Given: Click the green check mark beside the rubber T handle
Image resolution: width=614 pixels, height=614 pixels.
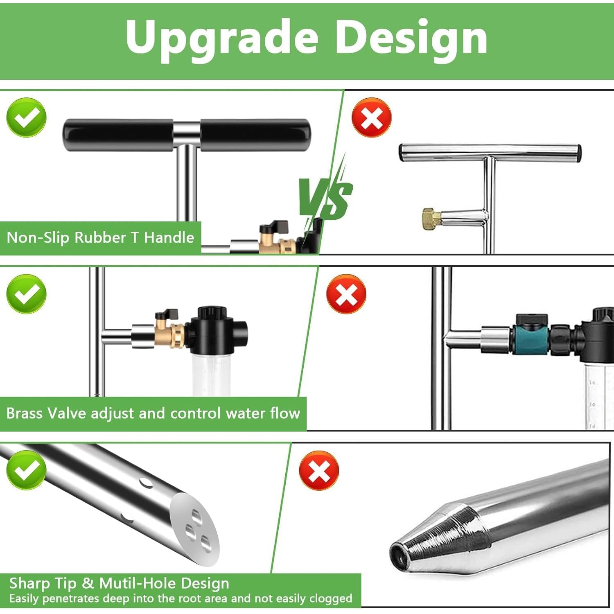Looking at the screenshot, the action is (27, 117).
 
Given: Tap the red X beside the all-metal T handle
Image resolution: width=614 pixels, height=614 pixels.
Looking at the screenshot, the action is (372, 117).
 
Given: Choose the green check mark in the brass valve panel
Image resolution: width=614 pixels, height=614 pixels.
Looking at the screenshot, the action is (27, 294).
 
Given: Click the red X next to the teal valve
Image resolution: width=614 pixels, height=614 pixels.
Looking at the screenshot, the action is (346, 294).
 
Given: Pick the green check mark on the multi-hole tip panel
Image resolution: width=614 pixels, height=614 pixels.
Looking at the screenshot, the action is (27, 470).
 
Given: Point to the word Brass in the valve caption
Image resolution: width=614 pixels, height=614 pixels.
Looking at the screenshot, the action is (25, 413).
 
